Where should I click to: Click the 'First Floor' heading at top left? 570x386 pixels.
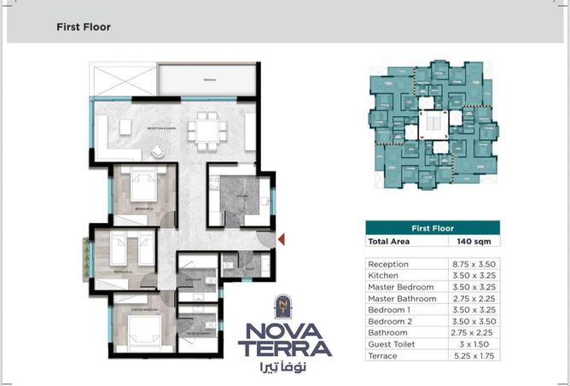83,27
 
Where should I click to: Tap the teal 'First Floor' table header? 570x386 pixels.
432,228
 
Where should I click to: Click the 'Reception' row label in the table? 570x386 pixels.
388,265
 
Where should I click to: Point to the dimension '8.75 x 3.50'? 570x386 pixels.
473,265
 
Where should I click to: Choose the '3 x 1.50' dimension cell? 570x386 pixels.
473,343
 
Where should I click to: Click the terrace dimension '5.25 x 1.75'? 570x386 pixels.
473,355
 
